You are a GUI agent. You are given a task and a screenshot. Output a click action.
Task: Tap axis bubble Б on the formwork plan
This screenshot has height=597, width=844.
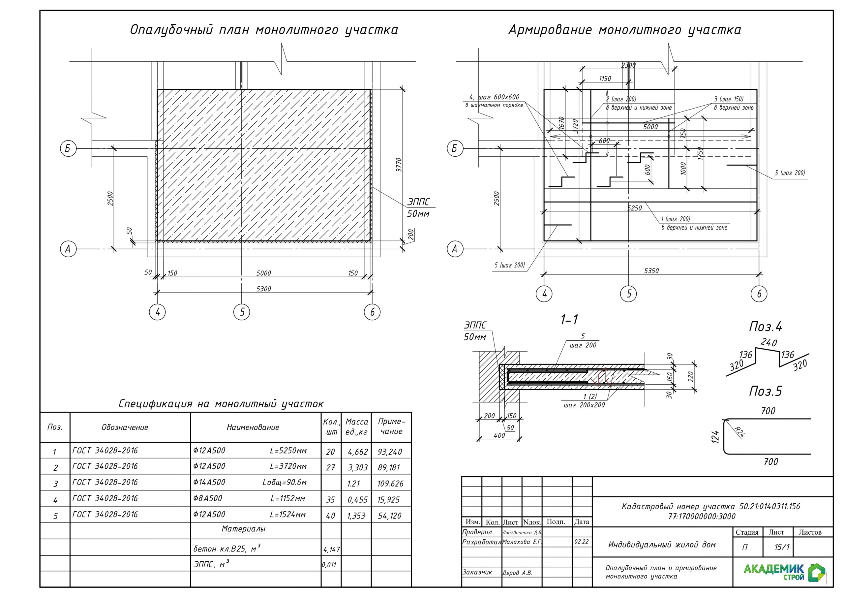(68, 149)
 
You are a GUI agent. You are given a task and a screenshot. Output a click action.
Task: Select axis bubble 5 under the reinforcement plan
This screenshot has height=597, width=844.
(629, 294)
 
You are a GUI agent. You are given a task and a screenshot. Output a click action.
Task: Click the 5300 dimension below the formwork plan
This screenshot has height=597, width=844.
(263, 289)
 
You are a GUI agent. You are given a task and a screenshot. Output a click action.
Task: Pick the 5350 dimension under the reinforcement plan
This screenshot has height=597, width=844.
(651, 271)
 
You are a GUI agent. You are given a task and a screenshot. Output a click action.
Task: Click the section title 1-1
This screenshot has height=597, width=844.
(569, 320)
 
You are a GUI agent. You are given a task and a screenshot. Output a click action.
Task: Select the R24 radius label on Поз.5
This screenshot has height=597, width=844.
(739, 431)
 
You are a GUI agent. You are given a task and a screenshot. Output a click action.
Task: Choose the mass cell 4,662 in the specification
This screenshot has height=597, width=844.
(357, 452)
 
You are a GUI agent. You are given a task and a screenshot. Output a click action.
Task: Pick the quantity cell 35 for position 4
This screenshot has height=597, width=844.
(330, 499)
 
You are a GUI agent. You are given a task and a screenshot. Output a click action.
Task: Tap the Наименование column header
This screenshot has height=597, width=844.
(253, 427)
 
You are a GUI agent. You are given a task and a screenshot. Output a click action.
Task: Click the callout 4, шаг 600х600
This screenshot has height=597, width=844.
(494, 98)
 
